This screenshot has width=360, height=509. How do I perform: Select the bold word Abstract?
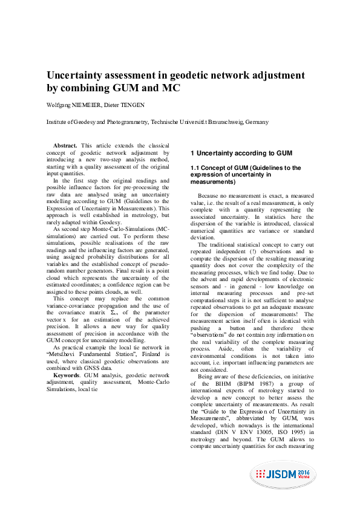(x=65, y=146)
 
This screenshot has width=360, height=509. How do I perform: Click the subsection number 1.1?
(x=196, y=168)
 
